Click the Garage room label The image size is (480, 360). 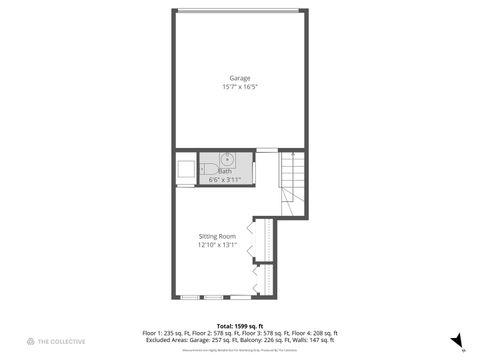click(x=239, y=77)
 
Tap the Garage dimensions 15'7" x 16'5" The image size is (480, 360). click(x=239, y=86)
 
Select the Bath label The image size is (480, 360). click(x=225, y=171)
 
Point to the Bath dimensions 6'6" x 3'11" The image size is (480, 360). click(x=225, y=179)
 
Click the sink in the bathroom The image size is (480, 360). click(x=227, y=159)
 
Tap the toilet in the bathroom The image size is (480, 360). click(x=205, y=170)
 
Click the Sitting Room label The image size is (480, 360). click(x=217, y=236)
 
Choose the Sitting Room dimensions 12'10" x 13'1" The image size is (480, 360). click(x=217, y=245)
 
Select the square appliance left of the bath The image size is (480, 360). click(x=185, y=171)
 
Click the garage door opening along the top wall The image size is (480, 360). click(x=239, y=11)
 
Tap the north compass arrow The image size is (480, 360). click(x=456, y=340)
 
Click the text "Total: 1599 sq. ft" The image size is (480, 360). click(x=239, y=326)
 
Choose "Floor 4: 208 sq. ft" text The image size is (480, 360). click(x=314, y=333)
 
